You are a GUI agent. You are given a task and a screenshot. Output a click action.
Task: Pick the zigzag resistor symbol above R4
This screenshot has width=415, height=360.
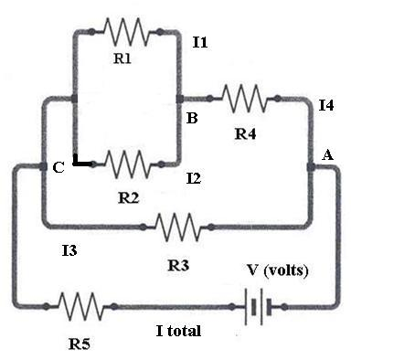coord(243,96)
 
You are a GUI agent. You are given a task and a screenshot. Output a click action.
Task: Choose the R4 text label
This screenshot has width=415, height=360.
coord(245,134)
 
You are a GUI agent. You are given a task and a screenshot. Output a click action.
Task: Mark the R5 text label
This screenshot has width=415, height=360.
coord(80,344)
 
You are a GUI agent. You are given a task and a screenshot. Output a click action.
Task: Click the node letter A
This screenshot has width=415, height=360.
coord(327,156)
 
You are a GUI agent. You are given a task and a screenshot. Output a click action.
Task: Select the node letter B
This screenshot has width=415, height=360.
coord(192,119)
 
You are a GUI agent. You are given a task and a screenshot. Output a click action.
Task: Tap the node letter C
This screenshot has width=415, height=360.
coord(58,167)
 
